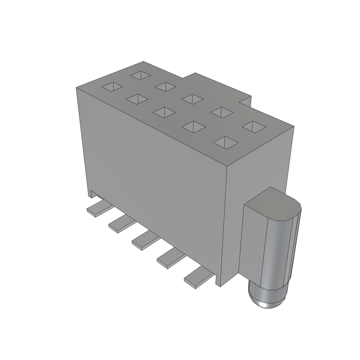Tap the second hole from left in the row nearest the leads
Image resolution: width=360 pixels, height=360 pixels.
(x=137, y=99)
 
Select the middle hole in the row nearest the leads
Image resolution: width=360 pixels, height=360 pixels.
(x=164, y=112)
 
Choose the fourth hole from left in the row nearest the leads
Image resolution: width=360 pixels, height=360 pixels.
(x=193, y=127)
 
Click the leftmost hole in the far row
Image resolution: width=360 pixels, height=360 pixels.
(x=140, y=75)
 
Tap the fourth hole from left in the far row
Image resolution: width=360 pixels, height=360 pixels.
(x=222, y=112)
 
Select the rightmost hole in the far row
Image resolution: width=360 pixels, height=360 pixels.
(x=253, y=126)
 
